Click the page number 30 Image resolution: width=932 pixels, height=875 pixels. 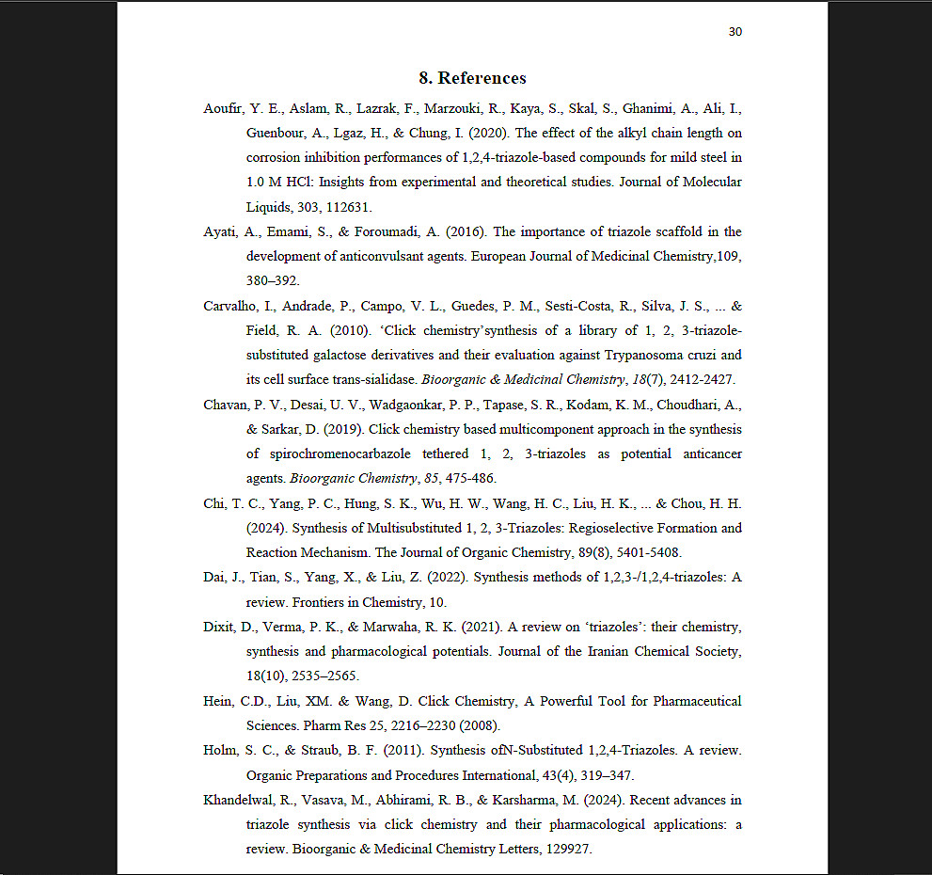click(735, 32)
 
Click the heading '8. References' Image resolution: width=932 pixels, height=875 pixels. click(472, 78)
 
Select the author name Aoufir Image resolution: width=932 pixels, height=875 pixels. click(223, 108)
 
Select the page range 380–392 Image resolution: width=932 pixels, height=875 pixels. click(273, 280)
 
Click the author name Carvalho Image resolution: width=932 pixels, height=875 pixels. click(230, 306)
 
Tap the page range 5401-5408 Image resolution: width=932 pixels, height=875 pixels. click(648, 552)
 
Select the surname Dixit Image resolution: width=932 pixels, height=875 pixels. click(219, 627)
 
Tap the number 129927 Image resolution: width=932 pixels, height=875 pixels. click(565, 849)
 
